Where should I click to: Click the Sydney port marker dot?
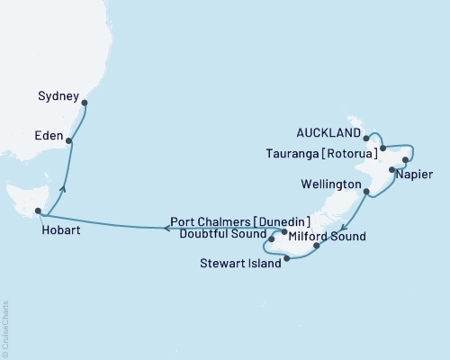tap(85, 103)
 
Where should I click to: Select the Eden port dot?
tap(69, 140)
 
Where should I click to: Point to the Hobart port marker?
tap(38, 212)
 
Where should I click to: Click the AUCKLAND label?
tap(328, 131)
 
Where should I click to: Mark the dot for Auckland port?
tap(366, 139)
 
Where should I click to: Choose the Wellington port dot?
tap(366, 192)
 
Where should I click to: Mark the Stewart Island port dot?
tap(286, 260)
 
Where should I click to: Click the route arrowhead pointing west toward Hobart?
tap(167, 229)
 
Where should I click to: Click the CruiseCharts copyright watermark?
tap(5, 328)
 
